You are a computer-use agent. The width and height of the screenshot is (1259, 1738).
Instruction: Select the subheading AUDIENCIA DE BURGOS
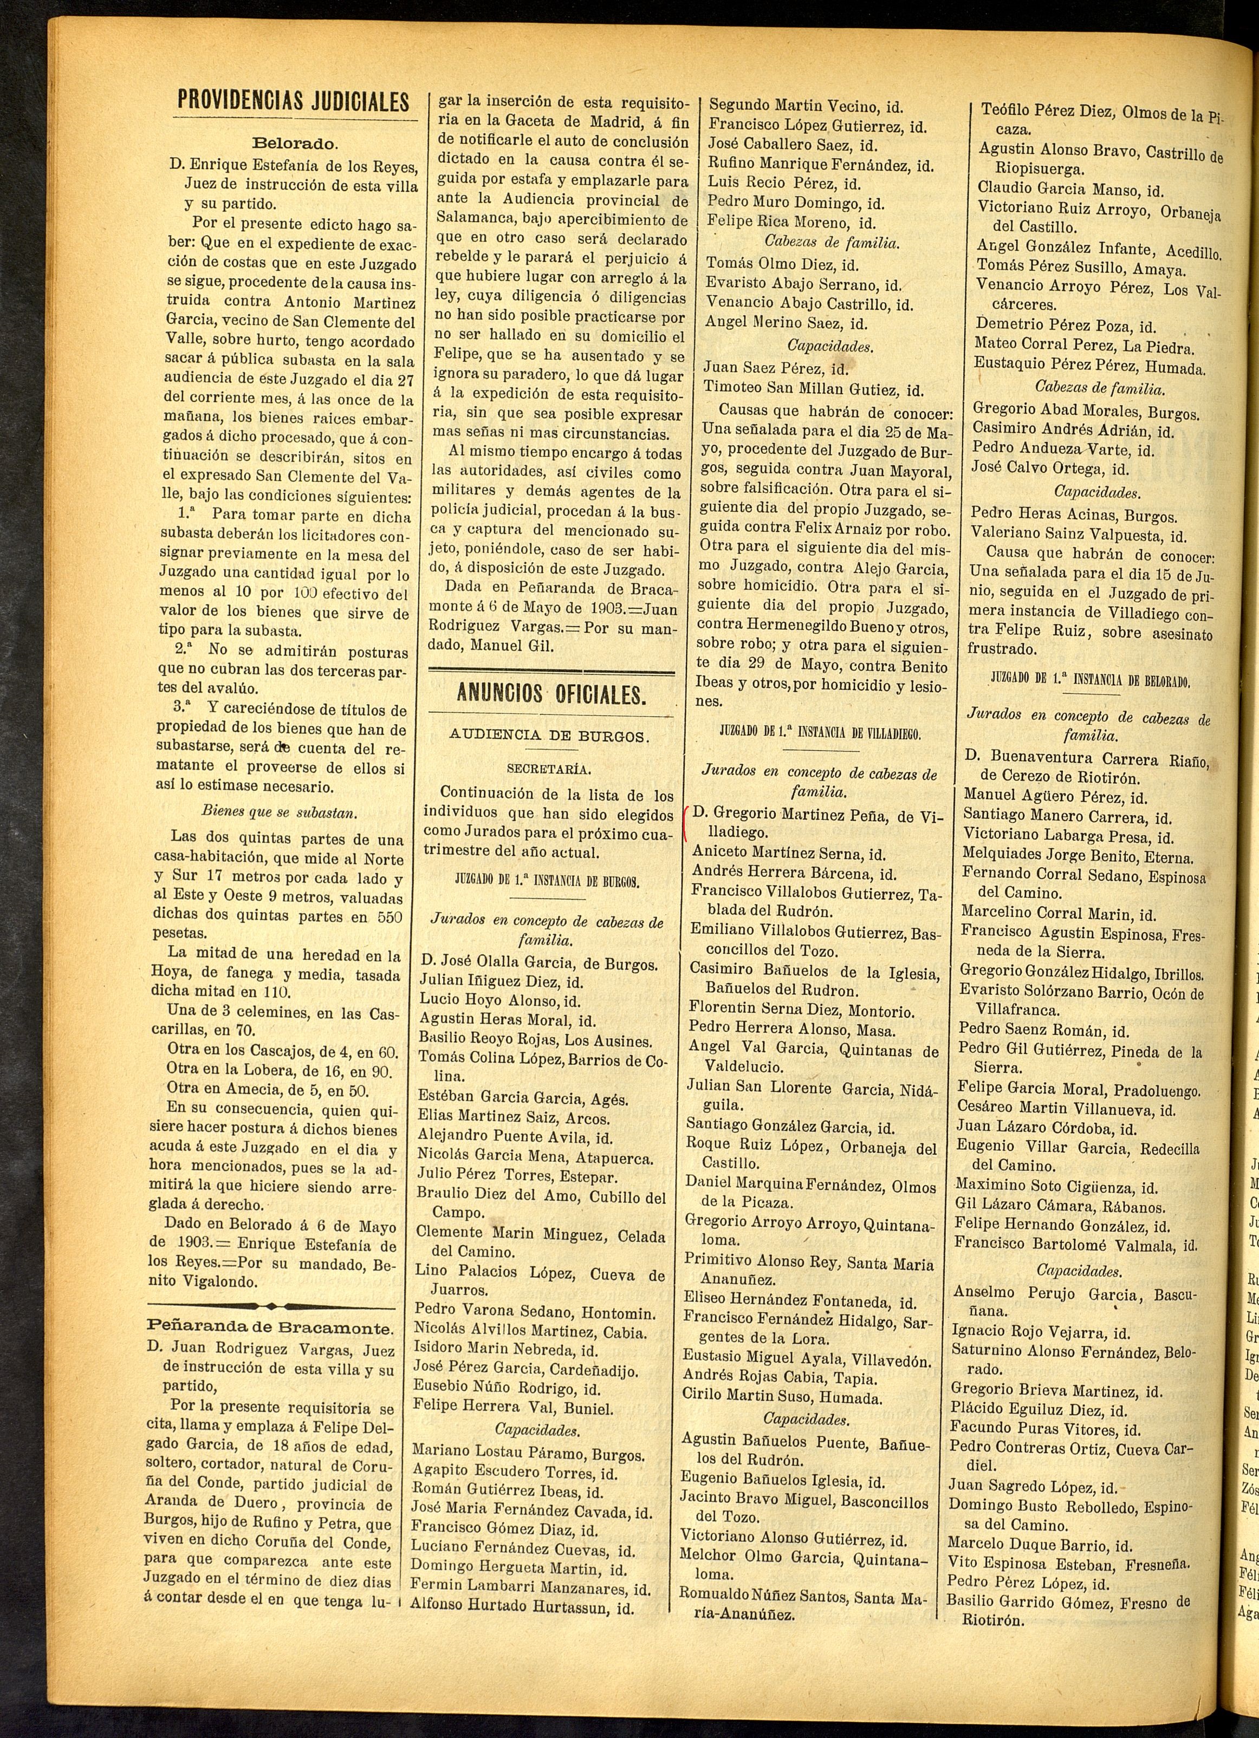point(549,737)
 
